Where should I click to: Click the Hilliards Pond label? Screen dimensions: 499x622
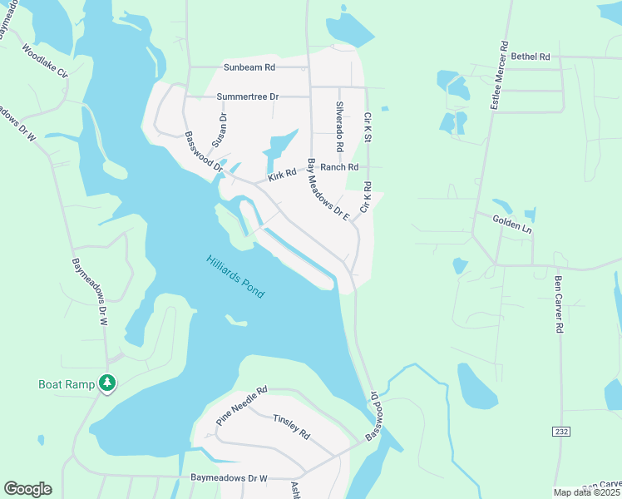click(235, 277)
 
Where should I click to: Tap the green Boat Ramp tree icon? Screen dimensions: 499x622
click(106, 383)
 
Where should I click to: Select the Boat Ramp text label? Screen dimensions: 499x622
click(67, 384)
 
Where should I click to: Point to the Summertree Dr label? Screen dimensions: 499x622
click(247, 96)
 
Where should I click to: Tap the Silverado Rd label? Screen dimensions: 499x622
click(339, 126)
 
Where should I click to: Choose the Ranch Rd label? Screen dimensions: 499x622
click(339, 167)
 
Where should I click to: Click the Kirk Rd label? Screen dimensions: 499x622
click(282, 175)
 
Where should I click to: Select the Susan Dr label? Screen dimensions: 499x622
click(220, 129)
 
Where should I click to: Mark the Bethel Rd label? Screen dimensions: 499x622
click(531, 57)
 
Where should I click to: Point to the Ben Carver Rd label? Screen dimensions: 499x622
click(559, 303)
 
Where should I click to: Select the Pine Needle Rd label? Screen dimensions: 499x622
click(241, 406)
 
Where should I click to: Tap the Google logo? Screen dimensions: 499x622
click(27, 489)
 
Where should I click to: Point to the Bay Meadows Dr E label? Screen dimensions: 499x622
click(328, 188)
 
